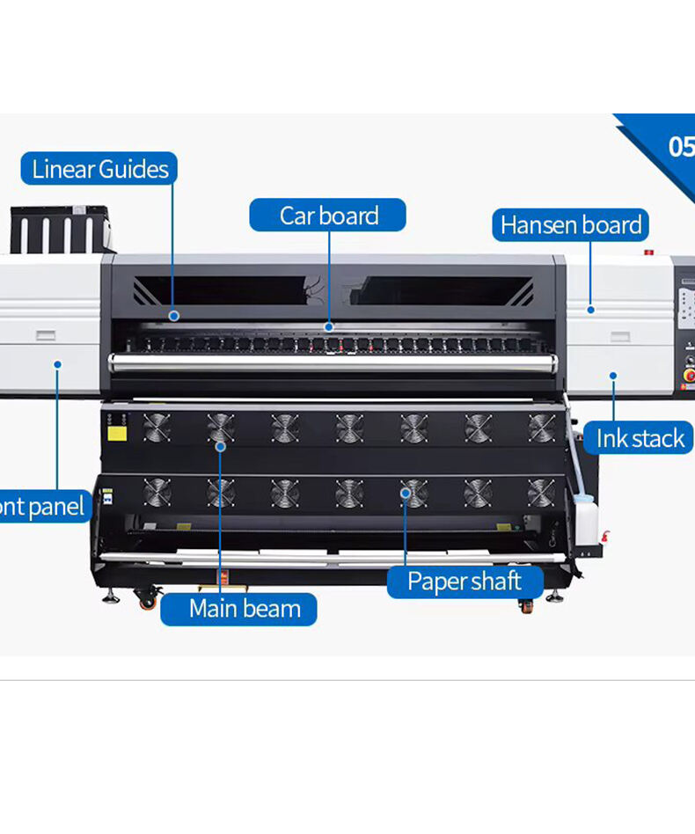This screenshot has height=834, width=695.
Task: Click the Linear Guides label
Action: pyautogui.click(x=99, y=169)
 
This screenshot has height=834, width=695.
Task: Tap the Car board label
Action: pyautogui.click(x=328, y=216)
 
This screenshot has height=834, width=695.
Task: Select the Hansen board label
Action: pyautogui.click(x=570, y=225)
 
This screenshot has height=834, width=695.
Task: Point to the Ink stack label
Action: pyautogui.click(x=640, y=438)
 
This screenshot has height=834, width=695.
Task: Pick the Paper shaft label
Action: pyautogui.click(x=464, y=582)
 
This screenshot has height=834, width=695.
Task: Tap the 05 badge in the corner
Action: pyautogui.click(x=679, y=147)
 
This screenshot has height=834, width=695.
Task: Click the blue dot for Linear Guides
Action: pyautogui.click(x=174, y=315)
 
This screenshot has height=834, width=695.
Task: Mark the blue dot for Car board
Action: pyautogui.click(x=328, y=326)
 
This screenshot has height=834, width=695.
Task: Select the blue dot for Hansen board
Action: pyautogui.click(x=590, y=310)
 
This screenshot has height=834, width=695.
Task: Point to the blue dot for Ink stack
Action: pyautogui.click(x=613, y=376)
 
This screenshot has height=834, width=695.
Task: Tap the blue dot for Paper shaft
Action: pyautogui.click(x=406, y=494)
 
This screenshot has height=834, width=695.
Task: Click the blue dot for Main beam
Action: pyautogui.click(x=220, y=447)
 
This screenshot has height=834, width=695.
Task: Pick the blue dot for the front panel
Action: pyautogui.click(x=57, y=363)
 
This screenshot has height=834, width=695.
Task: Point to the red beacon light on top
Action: pyautogui.click(x=649, y=252)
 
